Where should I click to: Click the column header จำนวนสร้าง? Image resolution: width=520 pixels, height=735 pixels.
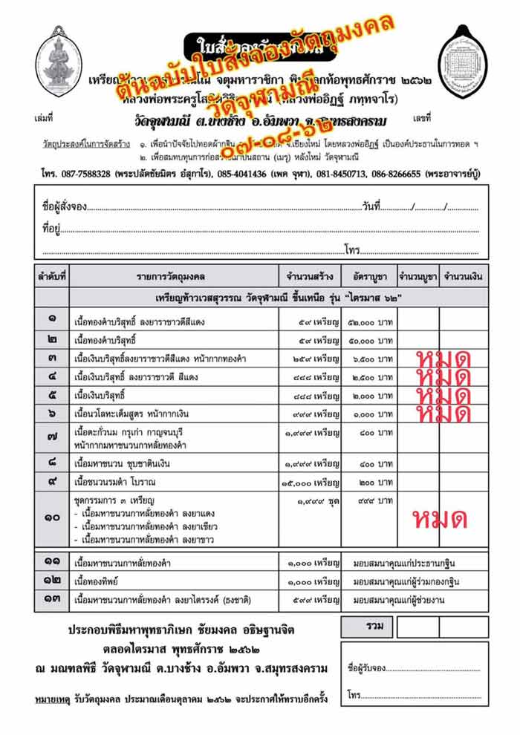point(311,277)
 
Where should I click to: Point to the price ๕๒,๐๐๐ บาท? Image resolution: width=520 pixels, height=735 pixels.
point(373,321)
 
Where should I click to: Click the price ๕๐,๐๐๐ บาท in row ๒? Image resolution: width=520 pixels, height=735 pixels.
point(373,340)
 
